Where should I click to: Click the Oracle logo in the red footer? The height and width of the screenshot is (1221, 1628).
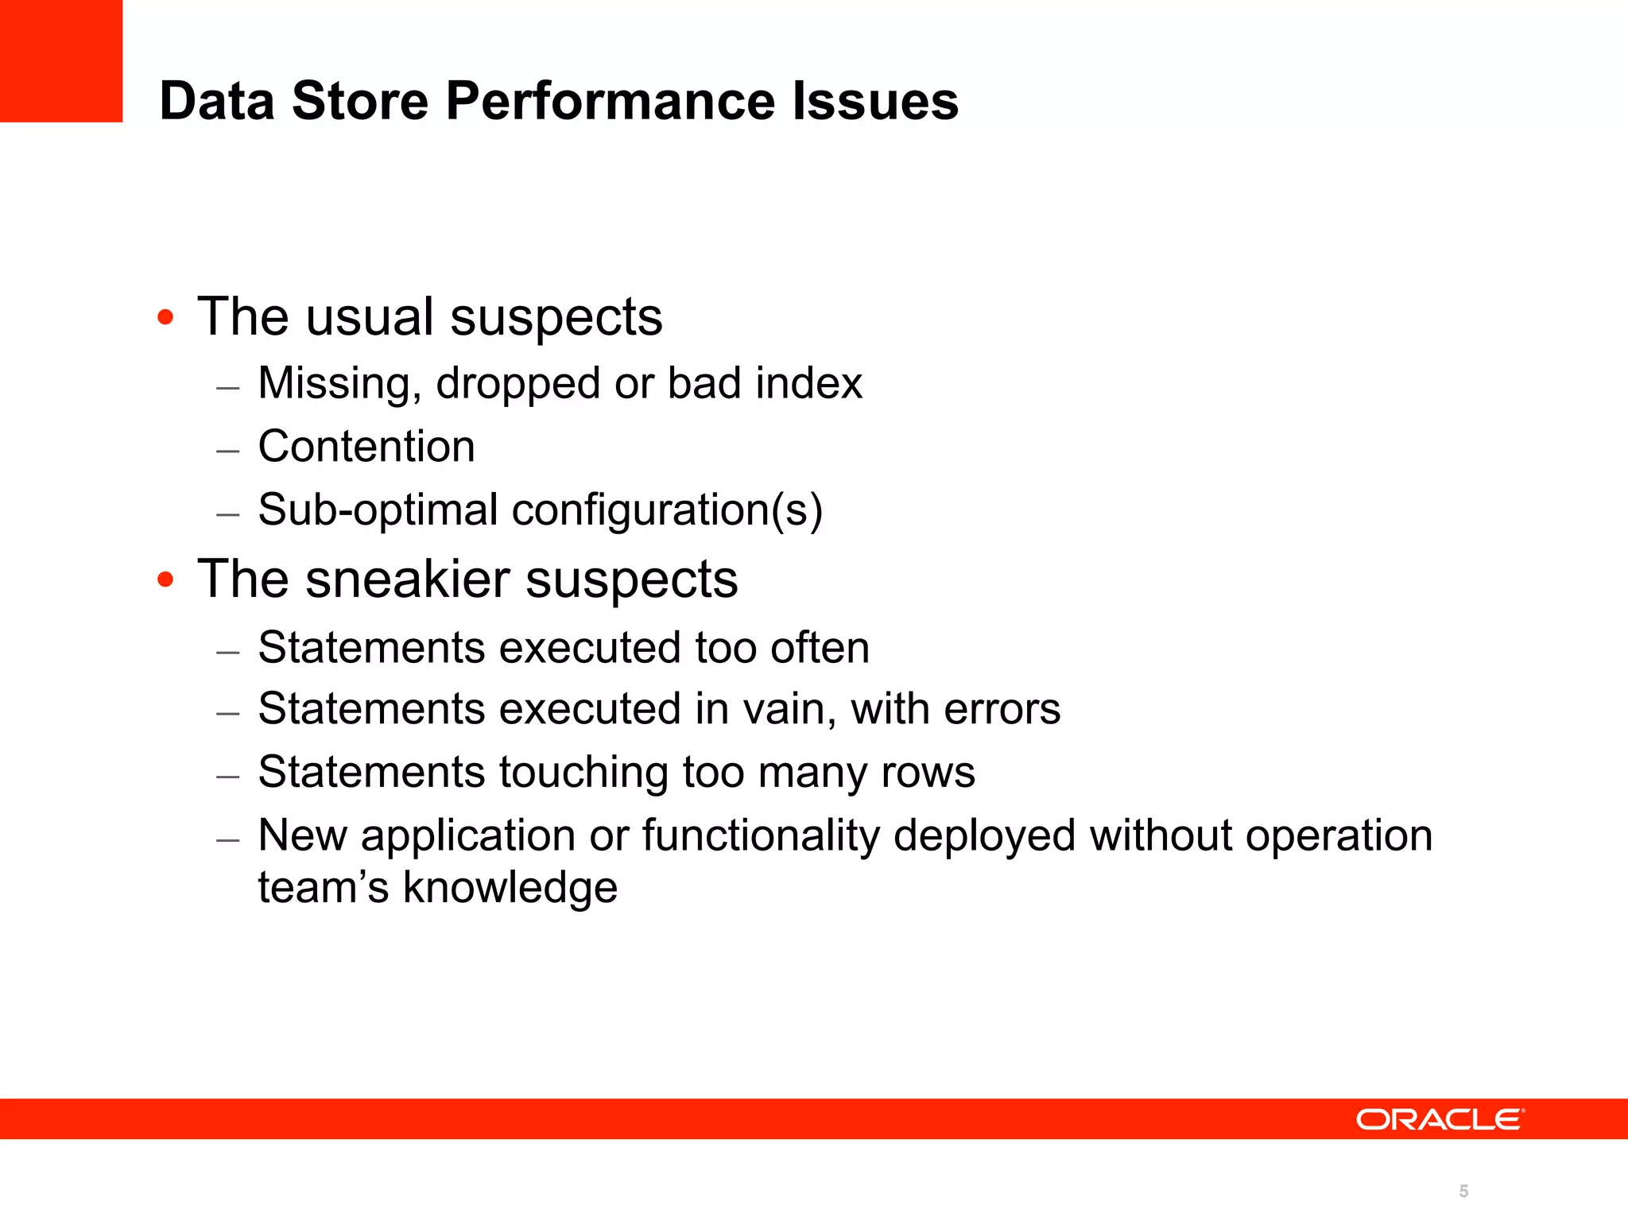pos(1440,1119)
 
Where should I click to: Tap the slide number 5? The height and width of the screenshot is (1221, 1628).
pos(1463,1191)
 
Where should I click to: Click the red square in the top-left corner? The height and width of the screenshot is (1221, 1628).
pos(61,60)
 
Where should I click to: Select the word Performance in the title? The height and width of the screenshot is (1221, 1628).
pos(610,101)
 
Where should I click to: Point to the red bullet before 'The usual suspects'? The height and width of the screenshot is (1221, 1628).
pos(165,318)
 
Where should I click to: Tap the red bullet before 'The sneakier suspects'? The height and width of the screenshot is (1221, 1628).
pos(165,579)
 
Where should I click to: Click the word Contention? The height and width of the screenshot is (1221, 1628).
pos(366,446)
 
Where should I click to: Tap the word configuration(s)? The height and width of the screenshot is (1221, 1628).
pos(667,510)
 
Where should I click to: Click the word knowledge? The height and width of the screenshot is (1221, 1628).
pos(510,888)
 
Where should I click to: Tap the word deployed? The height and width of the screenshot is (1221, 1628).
pos(984,836)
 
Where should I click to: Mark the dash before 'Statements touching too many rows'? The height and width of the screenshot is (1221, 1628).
pos(228,775)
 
